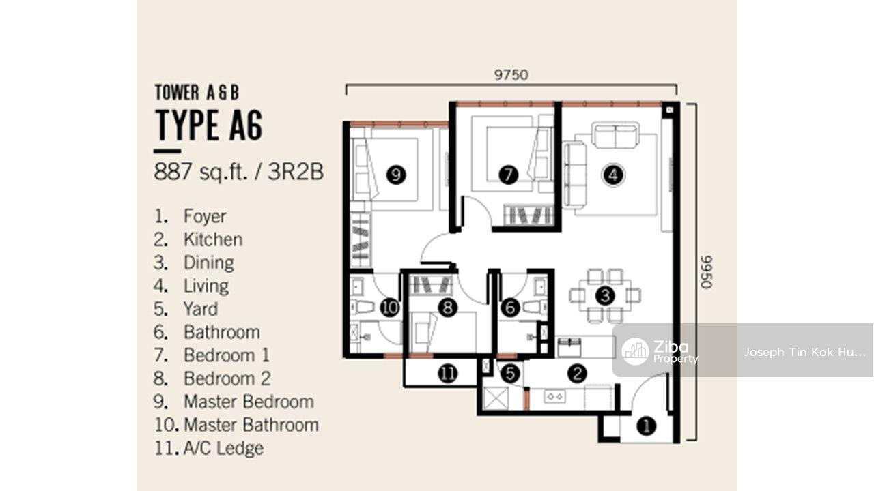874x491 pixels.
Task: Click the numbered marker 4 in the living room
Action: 613,175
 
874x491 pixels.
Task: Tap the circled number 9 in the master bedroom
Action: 396,175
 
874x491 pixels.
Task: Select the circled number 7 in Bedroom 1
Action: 509,175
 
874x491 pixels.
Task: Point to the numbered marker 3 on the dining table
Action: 605,296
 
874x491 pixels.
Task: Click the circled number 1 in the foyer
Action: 647,426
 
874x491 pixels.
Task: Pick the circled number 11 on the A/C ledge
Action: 447,374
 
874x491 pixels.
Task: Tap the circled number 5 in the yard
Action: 510,374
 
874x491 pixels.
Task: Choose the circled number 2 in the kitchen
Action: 577,374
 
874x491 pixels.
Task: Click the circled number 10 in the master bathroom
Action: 390,308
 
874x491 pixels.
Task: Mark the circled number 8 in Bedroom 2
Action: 447,308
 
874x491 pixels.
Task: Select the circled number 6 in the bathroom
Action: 510,308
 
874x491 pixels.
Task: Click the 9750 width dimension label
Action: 511,75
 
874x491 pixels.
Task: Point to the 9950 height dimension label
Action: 707,272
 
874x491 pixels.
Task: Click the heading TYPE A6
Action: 209,125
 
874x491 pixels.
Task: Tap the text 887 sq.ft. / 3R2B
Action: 239,172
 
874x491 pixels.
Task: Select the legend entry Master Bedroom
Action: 249,402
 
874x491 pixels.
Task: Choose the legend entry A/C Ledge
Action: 223,448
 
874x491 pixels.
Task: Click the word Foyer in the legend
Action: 205,216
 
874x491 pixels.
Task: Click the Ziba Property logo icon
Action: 635,351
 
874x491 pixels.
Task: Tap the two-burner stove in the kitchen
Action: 555,397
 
